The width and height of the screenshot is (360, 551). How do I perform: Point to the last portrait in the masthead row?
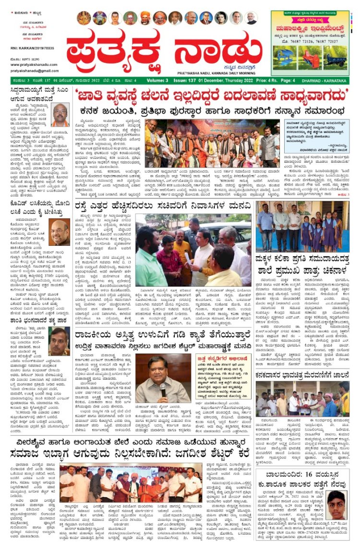coord(252,18)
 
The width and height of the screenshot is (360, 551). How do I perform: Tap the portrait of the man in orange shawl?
coord(60,115)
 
